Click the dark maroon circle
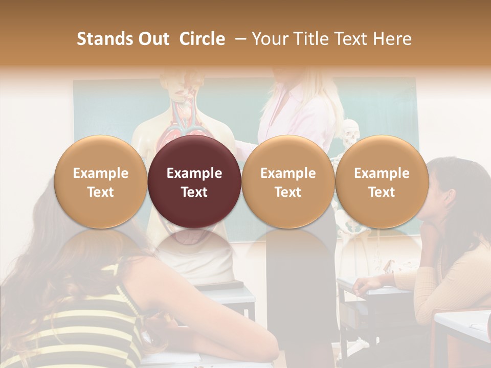pos(194,181)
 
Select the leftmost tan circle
pos(100,181)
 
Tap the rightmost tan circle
pos(382,181)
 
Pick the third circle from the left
pos(288,181)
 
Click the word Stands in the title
pos(104,39)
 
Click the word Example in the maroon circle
pos(194,173)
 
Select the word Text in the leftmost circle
pos(100,192)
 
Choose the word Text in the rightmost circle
pos(382,192)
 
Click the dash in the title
pos(238,39)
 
